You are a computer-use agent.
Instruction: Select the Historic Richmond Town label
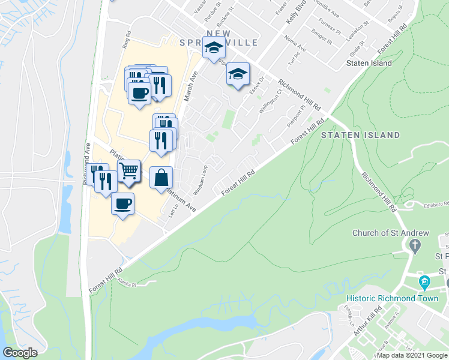[381, 298]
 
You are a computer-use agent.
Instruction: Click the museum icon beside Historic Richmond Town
[425, 281]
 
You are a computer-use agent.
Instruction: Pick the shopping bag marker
[161, 178]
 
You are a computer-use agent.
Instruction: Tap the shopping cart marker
[128, 172]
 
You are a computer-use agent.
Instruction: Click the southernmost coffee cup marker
[122, 205]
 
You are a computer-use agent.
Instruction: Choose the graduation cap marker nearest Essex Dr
[238, 74]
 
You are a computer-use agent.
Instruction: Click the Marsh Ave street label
[191, 88]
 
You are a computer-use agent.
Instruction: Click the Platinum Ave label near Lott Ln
[181, 199]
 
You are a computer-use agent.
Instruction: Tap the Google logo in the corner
[20, 353]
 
